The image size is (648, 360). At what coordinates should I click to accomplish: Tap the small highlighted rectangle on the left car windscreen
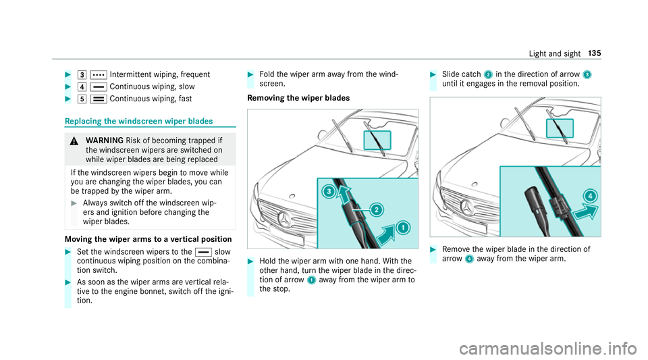[x=377, y=140]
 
